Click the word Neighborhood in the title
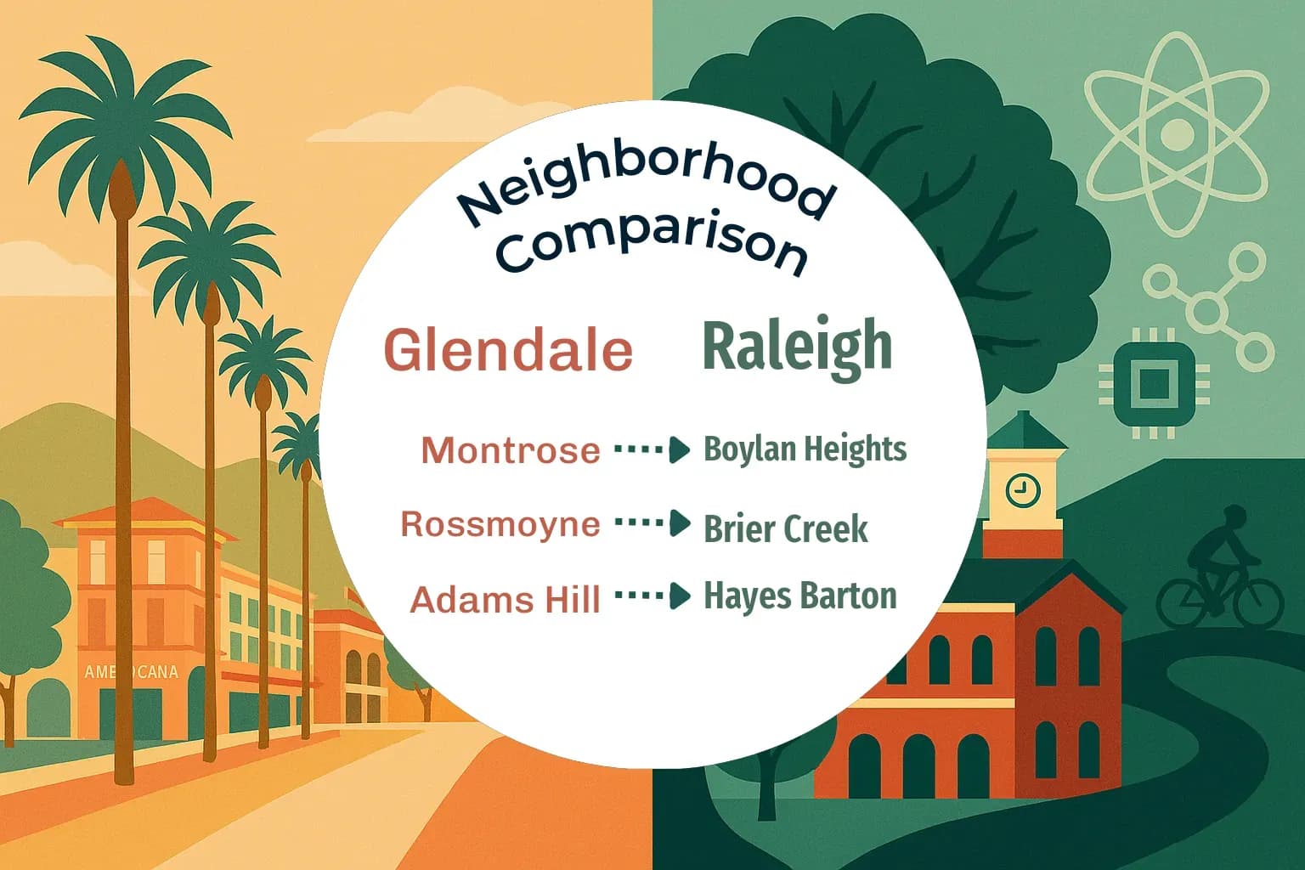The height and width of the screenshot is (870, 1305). point(644,189)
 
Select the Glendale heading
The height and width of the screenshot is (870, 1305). point(509,349)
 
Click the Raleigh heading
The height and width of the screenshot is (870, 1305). point(798,345)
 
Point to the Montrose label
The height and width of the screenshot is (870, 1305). point(511,450)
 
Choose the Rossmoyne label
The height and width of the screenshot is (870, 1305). point(500,524)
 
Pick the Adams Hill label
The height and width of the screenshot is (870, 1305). point(506,600)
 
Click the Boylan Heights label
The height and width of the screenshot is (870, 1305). point(805,449)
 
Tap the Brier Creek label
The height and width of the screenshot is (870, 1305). point(786,528)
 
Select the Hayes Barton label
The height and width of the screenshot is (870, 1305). point(799,596)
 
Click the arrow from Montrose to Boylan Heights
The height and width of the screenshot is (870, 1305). point(652,449)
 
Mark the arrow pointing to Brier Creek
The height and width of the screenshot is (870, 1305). point(652,523)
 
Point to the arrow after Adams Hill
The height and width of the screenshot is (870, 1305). point(652,596)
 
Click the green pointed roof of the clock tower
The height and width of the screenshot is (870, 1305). point(1025,432)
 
